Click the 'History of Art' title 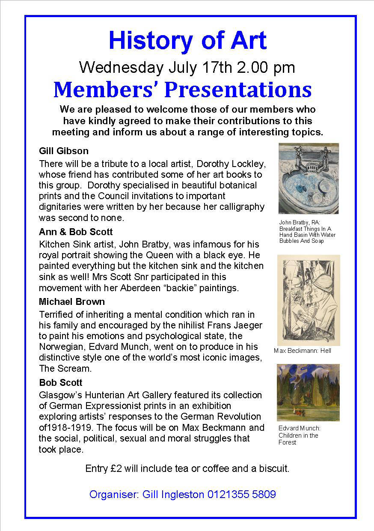187,41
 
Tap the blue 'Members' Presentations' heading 182,89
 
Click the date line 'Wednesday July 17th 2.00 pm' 187,67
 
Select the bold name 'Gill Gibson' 63,151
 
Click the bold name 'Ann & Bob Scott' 76,232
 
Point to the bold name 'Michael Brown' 71,301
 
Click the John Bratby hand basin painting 308,178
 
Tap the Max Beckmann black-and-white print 308,300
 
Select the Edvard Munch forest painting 308,392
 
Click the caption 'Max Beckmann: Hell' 302,351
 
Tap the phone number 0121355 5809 242,495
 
